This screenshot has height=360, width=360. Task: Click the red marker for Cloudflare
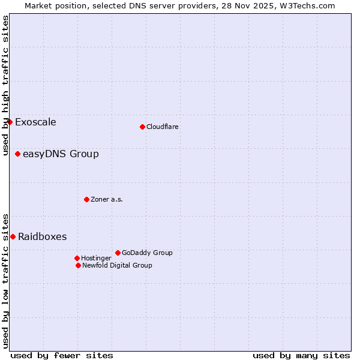coord(142,127)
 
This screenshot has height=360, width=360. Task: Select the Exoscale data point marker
coord(10,122)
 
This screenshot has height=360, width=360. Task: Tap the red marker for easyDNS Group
coord(17,154)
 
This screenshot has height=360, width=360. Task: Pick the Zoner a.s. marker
coord(86,199)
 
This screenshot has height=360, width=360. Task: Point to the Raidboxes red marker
coord(13,236)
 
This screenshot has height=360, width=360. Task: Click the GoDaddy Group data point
coord(118,253)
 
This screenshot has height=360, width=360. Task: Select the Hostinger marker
coord(77,258)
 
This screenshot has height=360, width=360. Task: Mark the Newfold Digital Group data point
coord(78,265)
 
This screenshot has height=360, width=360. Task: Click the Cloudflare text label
coord(163,127)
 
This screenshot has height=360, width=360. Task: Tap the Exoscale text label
coord(35,122)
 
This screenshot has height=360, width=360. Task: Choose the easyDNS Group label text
coord(61,154)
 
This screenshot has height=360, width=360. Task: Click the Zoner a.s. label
coord(107,200)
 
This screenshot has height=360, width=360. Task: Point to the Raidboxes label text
coord(42,236)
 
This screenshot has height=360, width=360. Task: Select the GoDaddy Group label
coord(147,253)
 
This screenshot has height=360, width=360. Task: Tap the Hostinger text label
coord(96,259)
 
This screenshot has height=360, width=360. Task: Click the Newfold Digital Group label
coord(117,266)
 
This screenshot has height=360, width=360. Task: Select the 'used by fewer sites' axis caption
coord(62,355)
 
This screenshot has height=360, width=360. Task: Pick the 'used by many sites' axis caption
coord(301,355)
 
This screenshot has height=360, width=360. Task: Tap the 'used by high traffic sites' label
coord(5,86)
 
